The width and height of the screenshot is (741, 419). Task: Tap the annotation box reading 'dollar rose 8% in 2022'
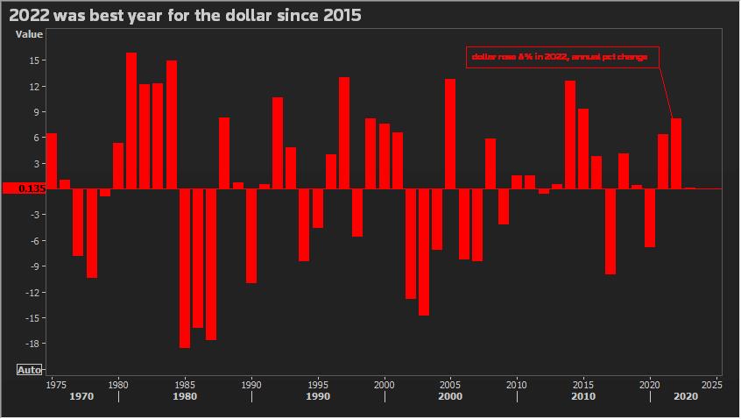point(561,57)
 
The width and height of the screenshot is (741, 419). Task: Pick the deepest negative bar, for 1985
point(185,267)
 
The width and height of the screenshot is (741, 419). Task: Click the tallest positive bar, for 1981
point(131,121)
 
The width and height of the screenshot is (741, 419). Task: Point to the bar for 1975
point(52,161)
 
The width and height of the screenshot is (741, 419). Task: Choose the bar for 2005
point(450,134)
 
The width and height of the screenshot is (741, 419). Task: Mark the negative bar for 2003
point(424,252)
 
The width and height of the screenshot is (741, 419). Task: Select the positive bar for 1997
point(344,133)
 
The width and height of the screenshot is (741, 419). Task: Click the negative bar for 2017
point(610,231)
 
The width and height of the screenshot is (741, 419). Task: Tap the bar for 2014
point(570,135)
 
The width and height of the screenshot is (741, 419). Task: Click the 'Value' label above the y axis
point(29,34)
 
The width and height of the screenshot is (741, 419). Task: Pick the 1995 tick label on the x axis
point(318,384)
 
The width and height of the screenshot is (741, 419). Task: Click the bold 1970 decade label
point(81,396)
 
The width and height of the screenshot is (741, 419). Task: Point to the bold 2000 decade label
point(450,396)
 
